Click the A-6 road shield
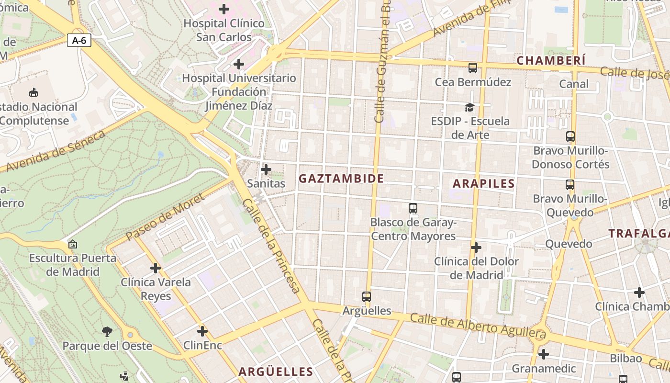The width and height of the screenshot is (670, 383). tap(79, 40)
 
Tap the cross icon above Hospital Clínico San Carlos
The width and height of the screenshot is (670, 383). tap(223, 9)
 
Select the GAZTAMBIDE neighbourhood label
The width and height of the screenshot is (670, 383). tap(341, 179)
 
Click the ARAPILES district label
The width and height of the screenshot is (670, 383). tap(483, 183)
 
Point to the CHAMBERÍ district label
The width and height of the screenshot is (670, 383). tap(551, 60)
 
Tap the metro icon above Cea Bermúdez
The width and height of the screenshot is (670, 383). tap(473, 68)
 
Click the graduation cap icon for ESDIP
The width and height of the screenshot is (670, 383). tap(469, 107)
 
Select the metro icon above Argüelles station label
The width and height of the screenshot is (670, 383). tap(367, 297)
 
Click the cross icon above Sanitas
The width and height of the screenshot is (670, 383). tap(266, 169)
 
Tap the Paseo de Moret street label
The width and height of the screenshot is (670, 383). tap(165, 217)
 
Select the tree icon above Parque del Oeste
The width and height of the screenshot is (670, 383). tap(107, 331)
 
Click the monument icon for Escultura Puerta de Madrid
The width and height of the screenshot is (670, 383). tap(73, 244)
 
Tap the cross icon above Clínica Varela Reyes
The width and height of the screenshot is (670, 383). tap(156, 268)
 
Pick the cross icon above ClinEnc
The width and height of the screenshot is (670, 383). tap(202, 331)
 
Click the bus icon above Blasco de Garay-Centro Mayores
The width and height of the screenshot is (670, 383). tap(413, 208)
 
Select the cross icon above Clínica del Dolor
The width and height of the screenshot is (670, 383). tap(476, 248)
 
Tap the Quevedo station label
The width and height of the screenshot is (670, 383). tap(569, 244)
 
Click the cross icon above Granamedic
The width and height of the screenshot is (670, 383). tap(543, 354)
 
